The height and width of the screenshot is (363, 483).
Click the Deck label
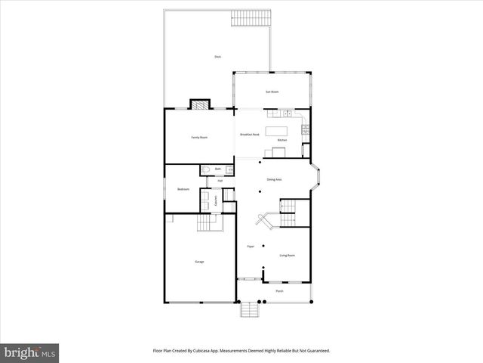coord(217,57)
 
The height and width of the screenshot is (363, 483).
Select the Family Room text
coord(198,137)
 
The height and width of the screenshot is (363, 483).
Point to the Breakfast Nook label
coord(250,134)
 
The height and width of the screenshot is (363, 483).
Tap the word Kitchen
coord(282,141)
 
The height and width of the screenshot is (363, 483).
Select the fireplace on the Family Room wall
coord(198,105)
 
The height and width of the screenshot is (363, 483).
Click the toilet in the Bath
coord(205,170)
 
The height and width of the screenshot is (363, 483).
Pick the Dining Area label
coord(274,179)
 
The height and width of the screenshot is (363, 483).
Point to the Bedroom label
coord(183,189)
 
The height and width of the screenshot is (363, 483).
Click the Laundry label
coord(216,200)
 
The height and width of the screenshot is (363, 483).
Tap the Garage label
coord(199,262)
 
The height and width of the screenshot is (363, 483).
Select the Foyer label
coord(250,247)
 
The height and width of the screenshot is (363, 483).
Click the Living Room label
coord(287,256)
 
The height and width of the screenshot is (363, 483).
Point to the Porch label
coord(279,290)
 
